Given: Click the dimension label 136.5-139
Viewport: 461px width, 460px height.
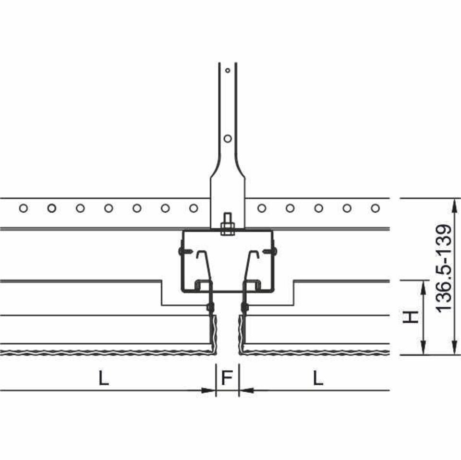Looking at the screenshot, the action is (443, 268).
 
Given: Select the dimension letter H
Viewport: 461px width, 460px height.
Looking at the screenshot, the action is (410, 317).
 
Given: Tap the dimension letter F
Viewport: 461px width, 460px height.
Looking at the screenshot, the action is (227, 378).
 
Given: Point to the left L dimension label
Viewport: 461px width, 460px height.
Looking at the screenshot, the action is (104, 378).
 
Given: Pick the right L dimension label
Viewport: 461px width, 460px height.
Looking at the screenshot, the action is (318, 378).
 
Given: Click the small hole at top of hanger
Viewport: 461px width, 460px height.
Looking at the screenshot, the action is (228, 71).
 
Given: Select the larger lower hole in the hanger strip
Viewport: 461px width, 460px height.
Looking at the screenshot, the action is (228, 138).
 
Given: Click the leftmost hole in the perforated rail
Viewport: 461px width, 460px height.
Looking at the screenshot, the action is (24, 208).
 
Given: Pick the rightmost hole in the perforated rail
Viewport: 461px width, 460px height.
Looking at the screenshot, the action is (375, 208).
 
